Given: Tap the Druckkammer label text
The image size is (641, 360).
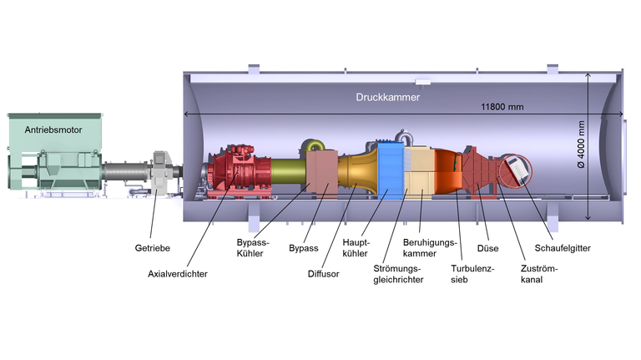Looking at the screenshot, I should pyautogui.click(x=387, y=97).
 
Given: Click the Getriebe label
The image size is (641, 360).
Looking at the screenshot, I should pyautogui.click(x=153, y=248).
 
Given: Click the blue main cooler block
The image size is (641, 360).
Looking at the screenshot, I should pyautogui.click(x=389, y=171).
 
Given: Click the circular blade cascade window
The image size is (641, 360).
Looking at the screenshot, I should pyautogui.click(x=516, y=173).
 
